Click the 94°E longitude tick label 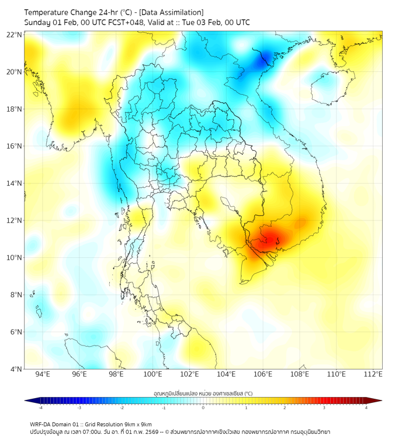(43, 374)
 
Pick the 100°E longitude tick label (153, 374)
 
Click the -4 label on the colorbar (40, 408)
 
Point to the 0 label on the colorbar (203, 408)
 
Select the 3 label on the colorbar (325, 408)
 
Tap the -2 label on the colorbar (121, 408)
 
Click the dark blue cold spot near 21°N (266, 57)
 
